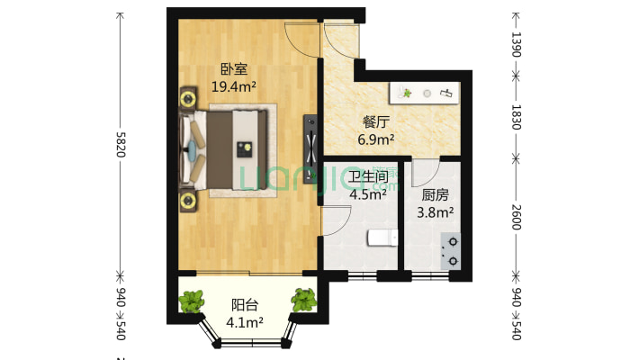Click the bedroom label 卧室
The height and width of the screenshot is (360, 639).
[234, 69]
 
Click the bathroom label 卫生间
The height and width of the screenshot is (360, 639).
[367, 175]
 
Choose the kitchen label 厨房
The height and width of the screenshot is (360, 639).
[435, 193]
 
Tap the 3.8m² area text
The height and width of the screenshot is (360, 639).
[435, 212]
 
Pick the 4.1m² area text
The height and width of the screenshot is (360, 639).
[244, 322]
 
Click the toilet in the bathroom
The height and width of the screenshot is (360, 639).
[382, 238]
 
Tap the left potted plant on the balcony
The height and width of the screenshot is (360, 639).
[192, 301]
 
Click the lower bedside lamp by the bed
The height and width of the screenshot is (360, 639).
[188, 201]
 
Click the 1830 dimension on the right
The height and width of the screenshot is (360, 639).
[516, 115]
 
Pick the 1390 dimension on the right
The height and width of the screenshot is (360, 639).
[516, 45]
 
